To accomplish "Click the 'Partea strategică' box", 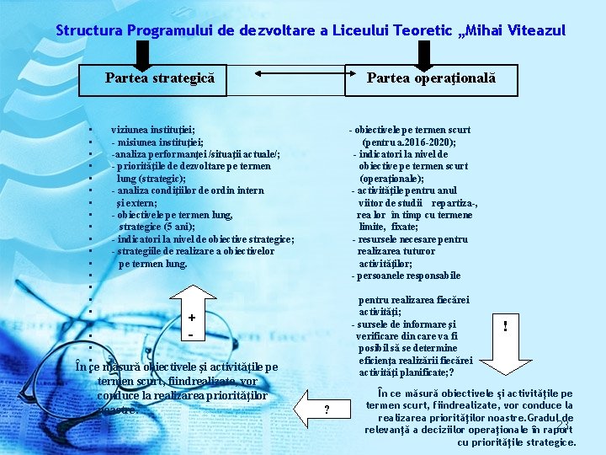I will tap(160, 79).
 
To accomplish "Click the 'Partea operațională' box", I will tap(431, 79).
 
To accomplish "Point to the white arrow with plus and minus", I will tap(192, 325).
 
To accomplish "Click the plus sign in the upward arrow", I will tap(192, 318).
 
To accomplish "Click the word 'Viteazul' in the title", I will tap(537, 31).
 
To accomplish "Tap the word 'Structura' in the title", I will tap(89, 31).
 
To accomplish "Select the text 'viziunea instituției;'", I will tap(153, 130).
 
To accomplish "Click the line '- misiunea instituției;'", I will tap(157, 142).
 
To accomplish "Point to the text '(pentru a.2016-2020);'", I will tap(410, 142).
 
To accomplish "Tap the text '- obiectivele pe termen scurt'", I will tap(410, 130).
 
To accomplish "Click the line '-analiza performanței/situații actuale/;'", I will tap(195, 154).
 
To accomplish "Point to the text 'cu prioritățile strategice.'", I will tap(517, 442).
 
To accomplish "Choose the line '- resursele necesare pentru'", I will tap(410, 239).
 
